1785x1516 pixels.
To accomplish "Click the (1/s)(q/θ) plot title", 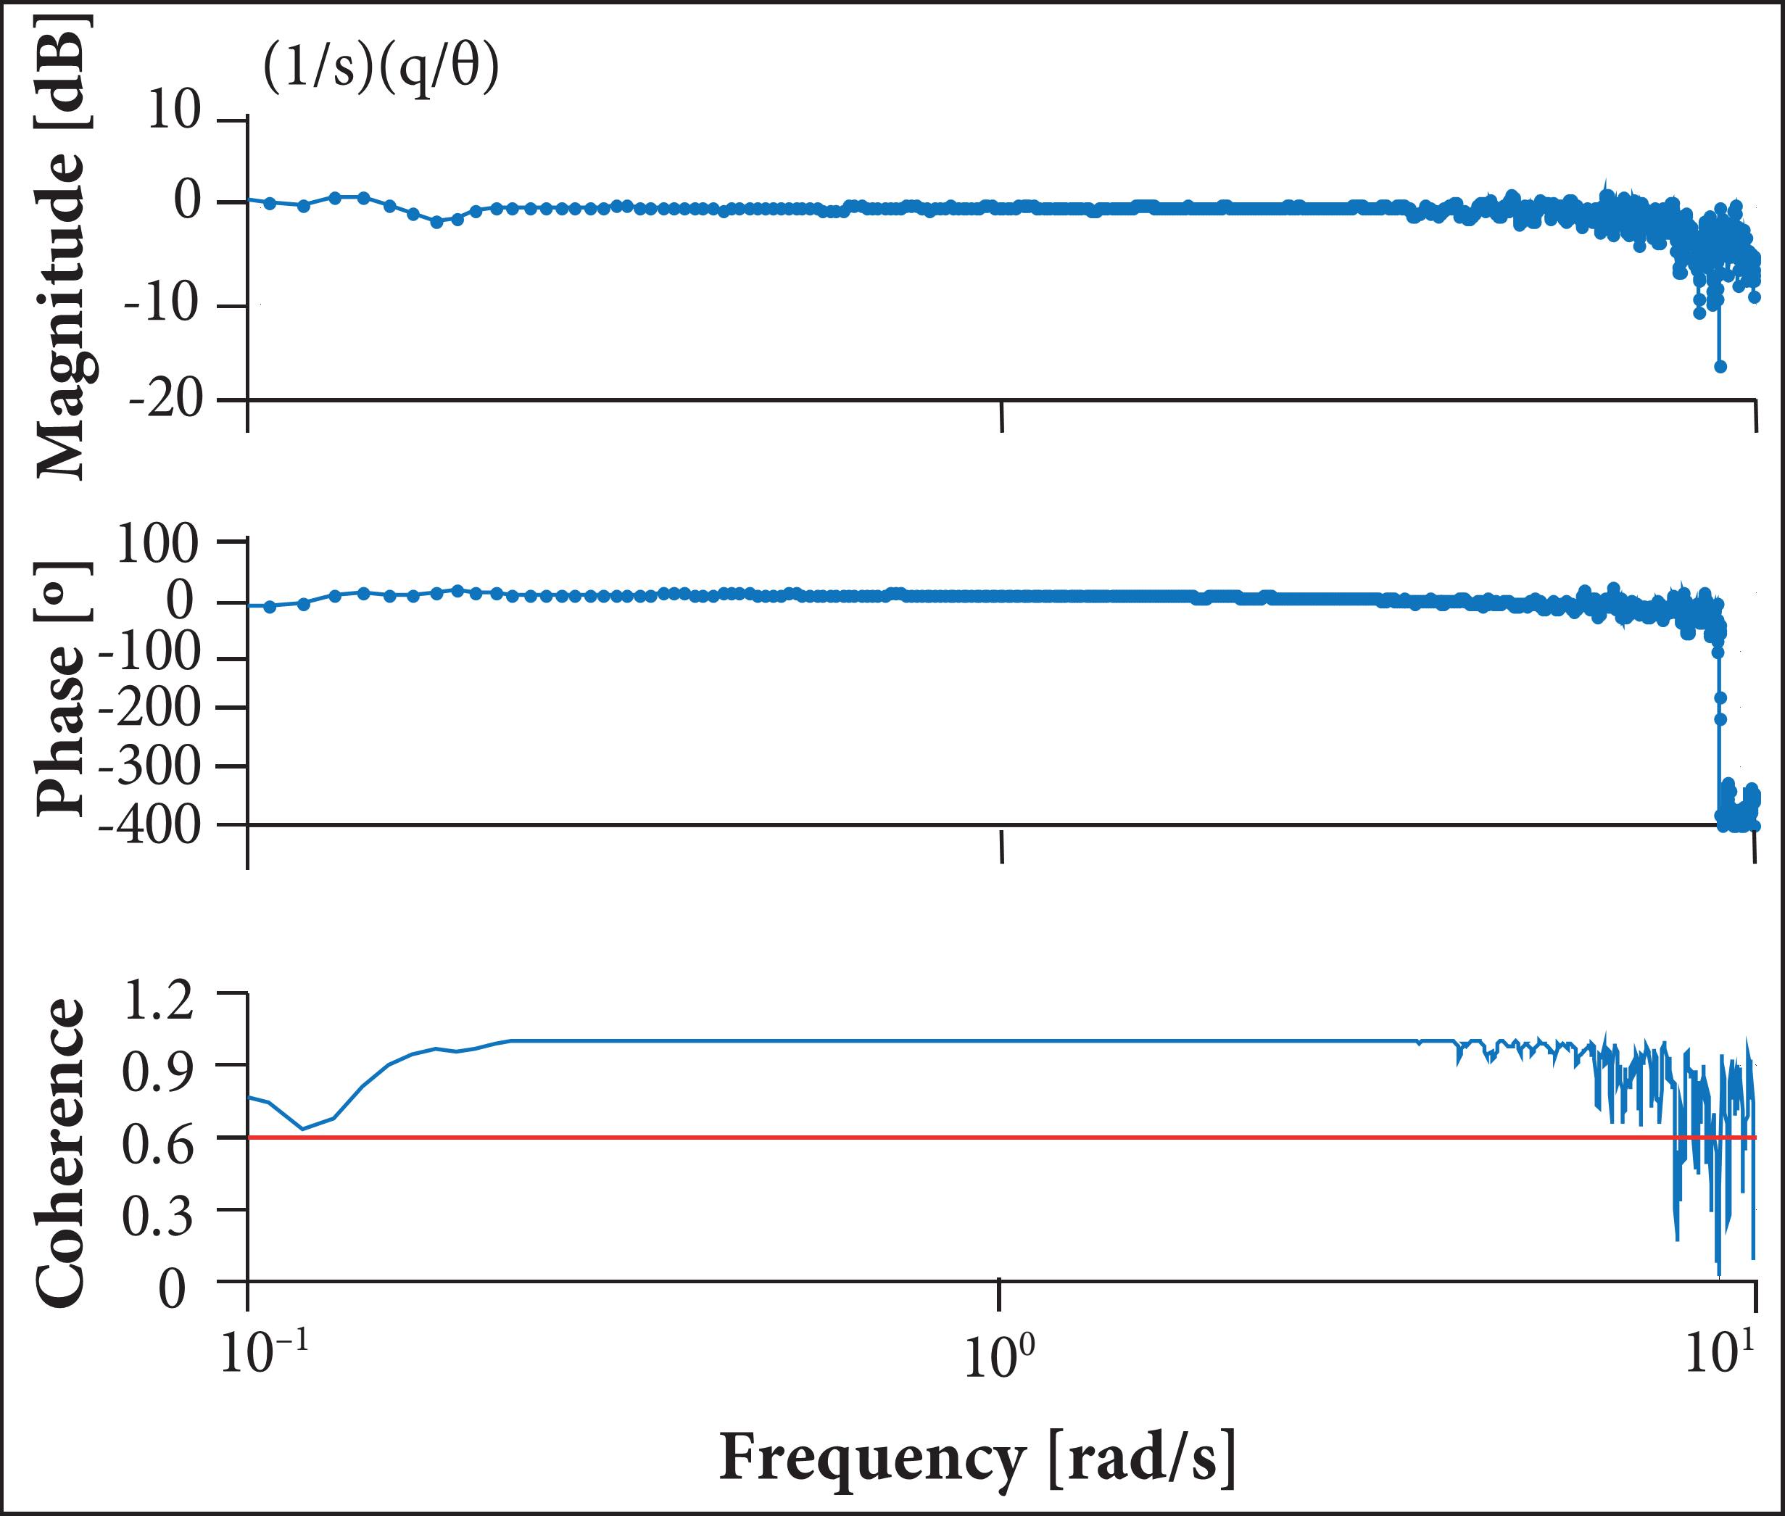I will (381, 68).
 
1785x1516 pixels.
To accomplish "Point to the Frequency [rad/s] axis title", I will (977, 1457).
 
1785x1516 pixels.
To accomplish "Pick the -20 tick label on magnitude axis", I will (165, 399).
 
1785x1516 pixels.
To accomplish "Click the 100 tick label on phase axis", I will (157, 545).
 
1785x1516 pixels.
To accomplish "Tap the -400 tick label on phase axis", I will (148, 826).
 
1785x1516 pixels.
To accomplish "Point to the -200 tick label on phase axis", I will (149, 709).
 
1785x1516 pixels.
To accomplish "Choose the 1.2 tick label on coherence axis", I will (160, 1001).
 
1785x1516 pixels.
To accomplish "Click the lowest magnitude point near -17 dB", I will (1720, 367).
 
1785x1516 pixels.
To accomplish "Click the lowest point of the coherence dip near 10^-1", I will (302, 1128).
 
